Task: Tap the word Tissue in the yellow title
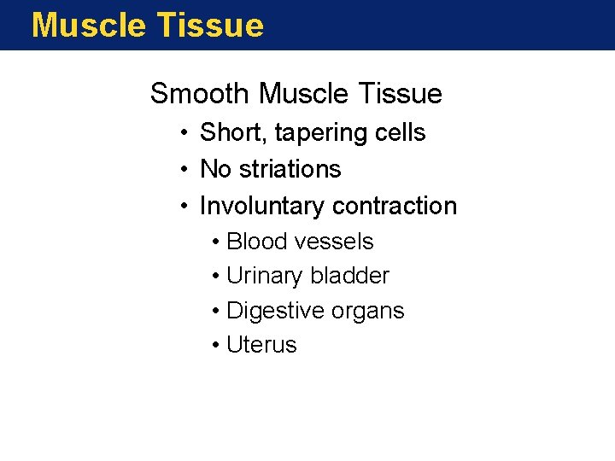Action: coord(206,26)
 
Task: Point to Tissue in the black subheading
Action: coord(400,93)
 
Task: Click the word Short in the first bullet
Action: coord(227,133)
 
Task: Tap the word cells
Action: coord(401,133)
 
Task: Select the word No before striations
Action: coord(215,169)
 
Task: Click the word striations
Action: coord(290,169)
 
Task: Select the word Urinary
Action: coord(265,276)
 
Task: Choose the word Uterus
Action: coord(261,345)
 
